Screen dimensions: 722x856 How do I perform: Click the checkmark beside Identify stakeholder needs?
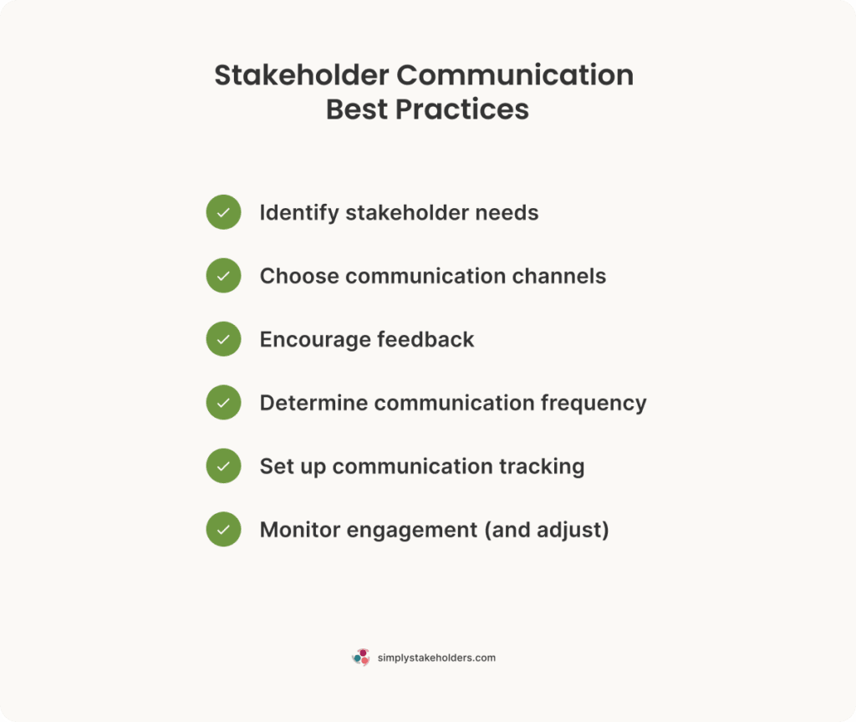(x=223, y=212)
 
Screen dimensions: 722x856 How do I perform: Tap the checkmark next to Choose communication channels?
(x=223, y=276)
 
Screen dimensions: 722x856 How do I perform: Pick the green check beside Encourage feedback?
(x=223, y=339)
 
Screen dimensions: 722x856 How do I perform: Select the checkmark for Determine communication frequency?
(x=223, y=403)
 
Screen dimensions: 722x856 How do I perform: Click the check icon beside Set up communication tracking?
(x=223, y=466)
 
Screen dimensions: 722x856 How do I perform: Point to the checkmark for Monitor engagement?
(x=223, y=530)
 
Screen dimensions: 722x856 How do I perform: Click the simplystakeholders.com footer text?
(x=436, y=658)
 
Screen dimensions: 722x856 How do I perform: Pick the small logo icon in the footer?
(x=361, y=658)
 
